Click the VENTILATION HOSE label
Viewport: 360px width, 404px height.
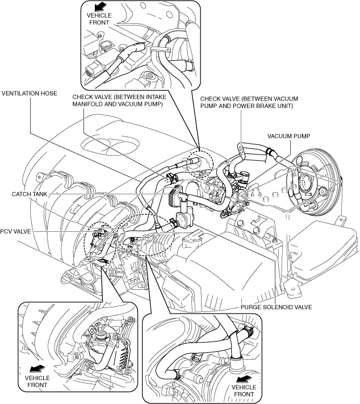pyautogui.click(x=30, y=93)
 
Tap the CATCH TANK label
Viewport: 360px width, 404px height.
pyautogui.click(x=30, y=194)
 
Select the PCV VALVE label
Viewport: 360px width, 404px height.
pyautogui.click(x=15, y=231)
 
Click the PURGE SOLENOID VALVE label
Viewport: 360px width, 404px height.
pyautogui.click(x=277, y=307)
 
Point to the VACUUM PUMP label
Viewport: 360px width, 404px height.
pyautogui.click(x=288, y=136)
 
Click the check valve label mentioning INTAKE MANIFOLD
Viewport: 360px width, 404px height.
pyautogui.click(x=119, y=101)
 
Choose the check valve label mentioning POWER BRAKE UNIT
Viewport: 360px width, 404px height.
pyautogui.click(x=249, y=102)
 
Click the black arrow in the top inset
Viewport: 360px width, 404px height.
pyautogui.click(x=101, y=7)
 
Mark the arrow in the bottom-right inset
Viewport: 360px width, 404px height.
pyautogui.click(x=244, y=378)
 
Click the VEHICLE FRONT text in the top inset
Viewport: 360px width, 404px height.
pyautogui.click(x=99, y=19)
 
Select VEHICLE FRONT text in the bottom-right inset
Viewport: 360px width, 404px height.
pyautogui.click(x=244, y=390)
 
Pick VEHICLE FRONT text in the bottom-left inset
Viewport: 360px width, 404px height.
pyautogui.click(x=37, y=381)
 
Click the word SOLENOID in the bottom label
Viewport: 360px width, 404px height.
pyautogui.click(x=277, y=307)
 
